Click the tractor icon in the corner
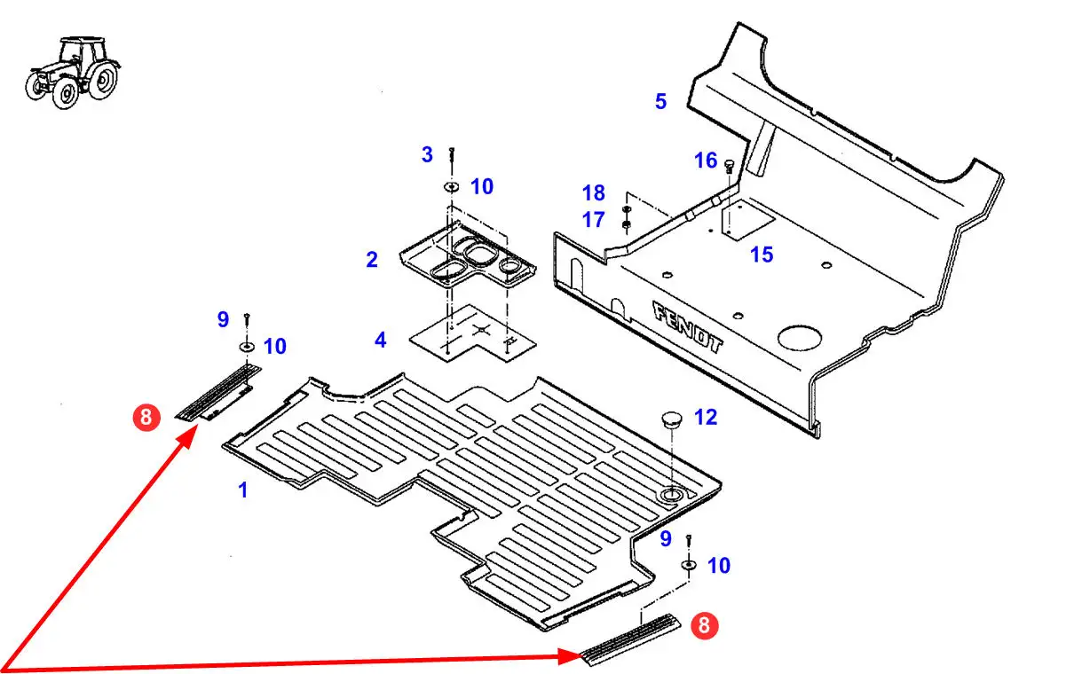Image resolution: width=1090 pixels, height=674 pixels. point(71,72)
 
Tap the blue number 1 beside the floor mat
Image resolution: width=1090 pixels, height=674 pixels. point(242,490)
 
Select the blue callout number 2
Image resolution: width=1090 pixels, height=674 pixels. point(372,260)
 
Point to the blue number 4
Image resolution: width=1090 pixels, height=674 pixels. point(380,340)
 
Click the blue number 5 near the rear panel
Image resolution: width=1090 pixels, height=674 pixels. point(660,102)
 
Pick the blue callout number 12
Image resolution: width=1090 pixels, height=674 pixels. point(706,417)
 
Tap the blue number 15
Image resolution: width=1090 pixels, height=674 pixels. point(762,255)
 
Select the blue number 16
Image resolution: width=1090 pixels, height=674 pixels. point(706,161)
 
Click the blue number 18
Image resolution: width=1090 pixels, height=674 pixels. point(593,192)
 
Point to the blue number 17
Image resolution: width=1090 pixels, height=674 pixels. point(593,219)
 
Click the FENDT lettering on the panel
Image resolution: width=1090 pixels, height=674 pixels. point(689,327)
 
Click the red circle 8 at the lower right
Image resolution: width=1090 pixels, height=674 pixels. point(704,626)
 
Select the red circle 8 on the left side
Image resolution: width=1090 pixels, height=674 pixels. point(146,417)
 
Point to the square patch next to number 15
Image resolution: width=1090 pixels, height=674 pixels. point(744,220)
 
